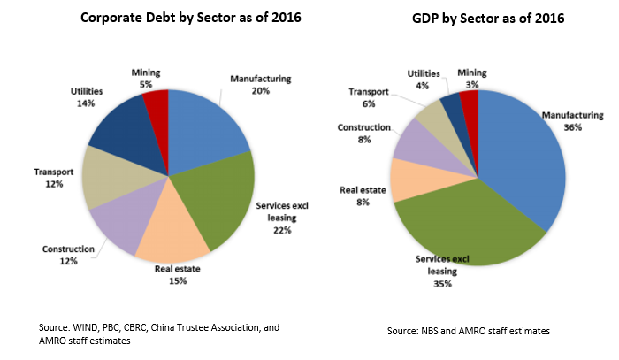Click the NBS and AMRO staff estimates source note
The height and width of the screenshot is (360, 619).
tap(468, 330)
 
